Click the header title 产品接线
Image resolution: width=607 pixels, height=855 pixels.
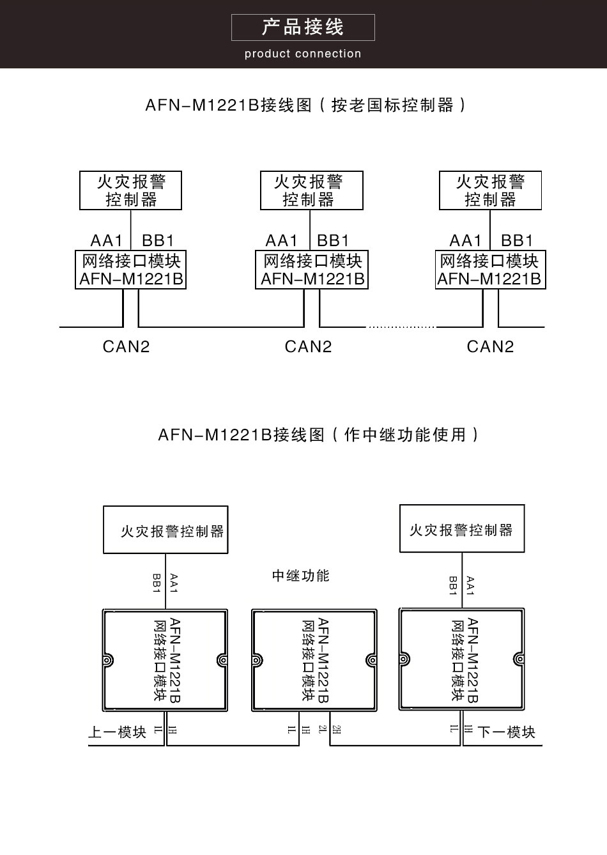tap(303, 27)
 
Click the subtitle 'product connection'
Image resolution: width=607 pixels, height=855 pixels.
tap(303, 54)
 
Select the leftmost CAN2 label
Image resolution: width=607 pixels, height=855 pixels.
tap(126, 346)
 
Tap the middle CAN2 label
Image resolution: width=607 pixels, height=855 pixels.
tap(308, 346)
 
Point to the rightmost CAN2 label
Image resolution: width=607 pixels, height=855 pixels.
tap(490, 346)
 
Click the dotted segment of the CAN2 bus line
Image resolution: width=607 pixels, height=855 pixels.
tap(401, 327)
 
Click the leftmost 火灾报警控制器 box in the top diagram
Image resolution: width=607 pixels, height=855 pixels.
tap(130, 190)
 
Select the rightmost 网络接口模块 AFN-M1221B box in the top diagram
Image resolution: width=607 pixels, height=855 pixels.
tap(490, 270)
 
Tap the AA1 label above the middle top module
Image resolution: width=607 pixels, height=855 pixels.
tap(282, 241)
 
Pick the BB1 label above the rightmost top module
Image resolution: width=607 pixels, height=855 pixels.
tap(517, 241)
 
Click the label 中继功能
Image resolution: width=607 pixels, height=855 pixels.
tap(300, 576)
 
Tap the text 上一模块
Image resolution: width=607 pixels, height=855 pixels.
tap(117, 732)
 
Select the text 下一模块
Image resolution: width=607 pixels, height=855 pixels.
tap(506, 732)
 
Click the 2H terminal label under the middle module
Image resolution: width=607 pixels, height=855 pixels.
tap(337, 729)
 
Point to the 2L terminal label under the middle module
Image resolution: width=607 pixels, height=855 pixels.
tap(322, 729)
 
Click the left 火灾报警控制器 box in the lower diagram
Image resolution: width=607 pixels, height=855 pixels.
tap(165, 530)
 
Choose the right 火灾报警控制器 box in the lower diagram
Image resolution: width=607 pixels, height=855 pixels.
tap(462, 528)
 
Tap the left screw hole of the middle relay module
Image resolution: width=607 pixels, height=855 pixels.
tap(257, 660)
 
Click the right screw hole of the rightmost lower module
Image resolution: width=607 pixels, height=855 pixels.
tap(518, 659)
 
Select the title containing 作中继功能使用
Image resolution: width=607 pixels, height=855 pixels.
tap(318, 435)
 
